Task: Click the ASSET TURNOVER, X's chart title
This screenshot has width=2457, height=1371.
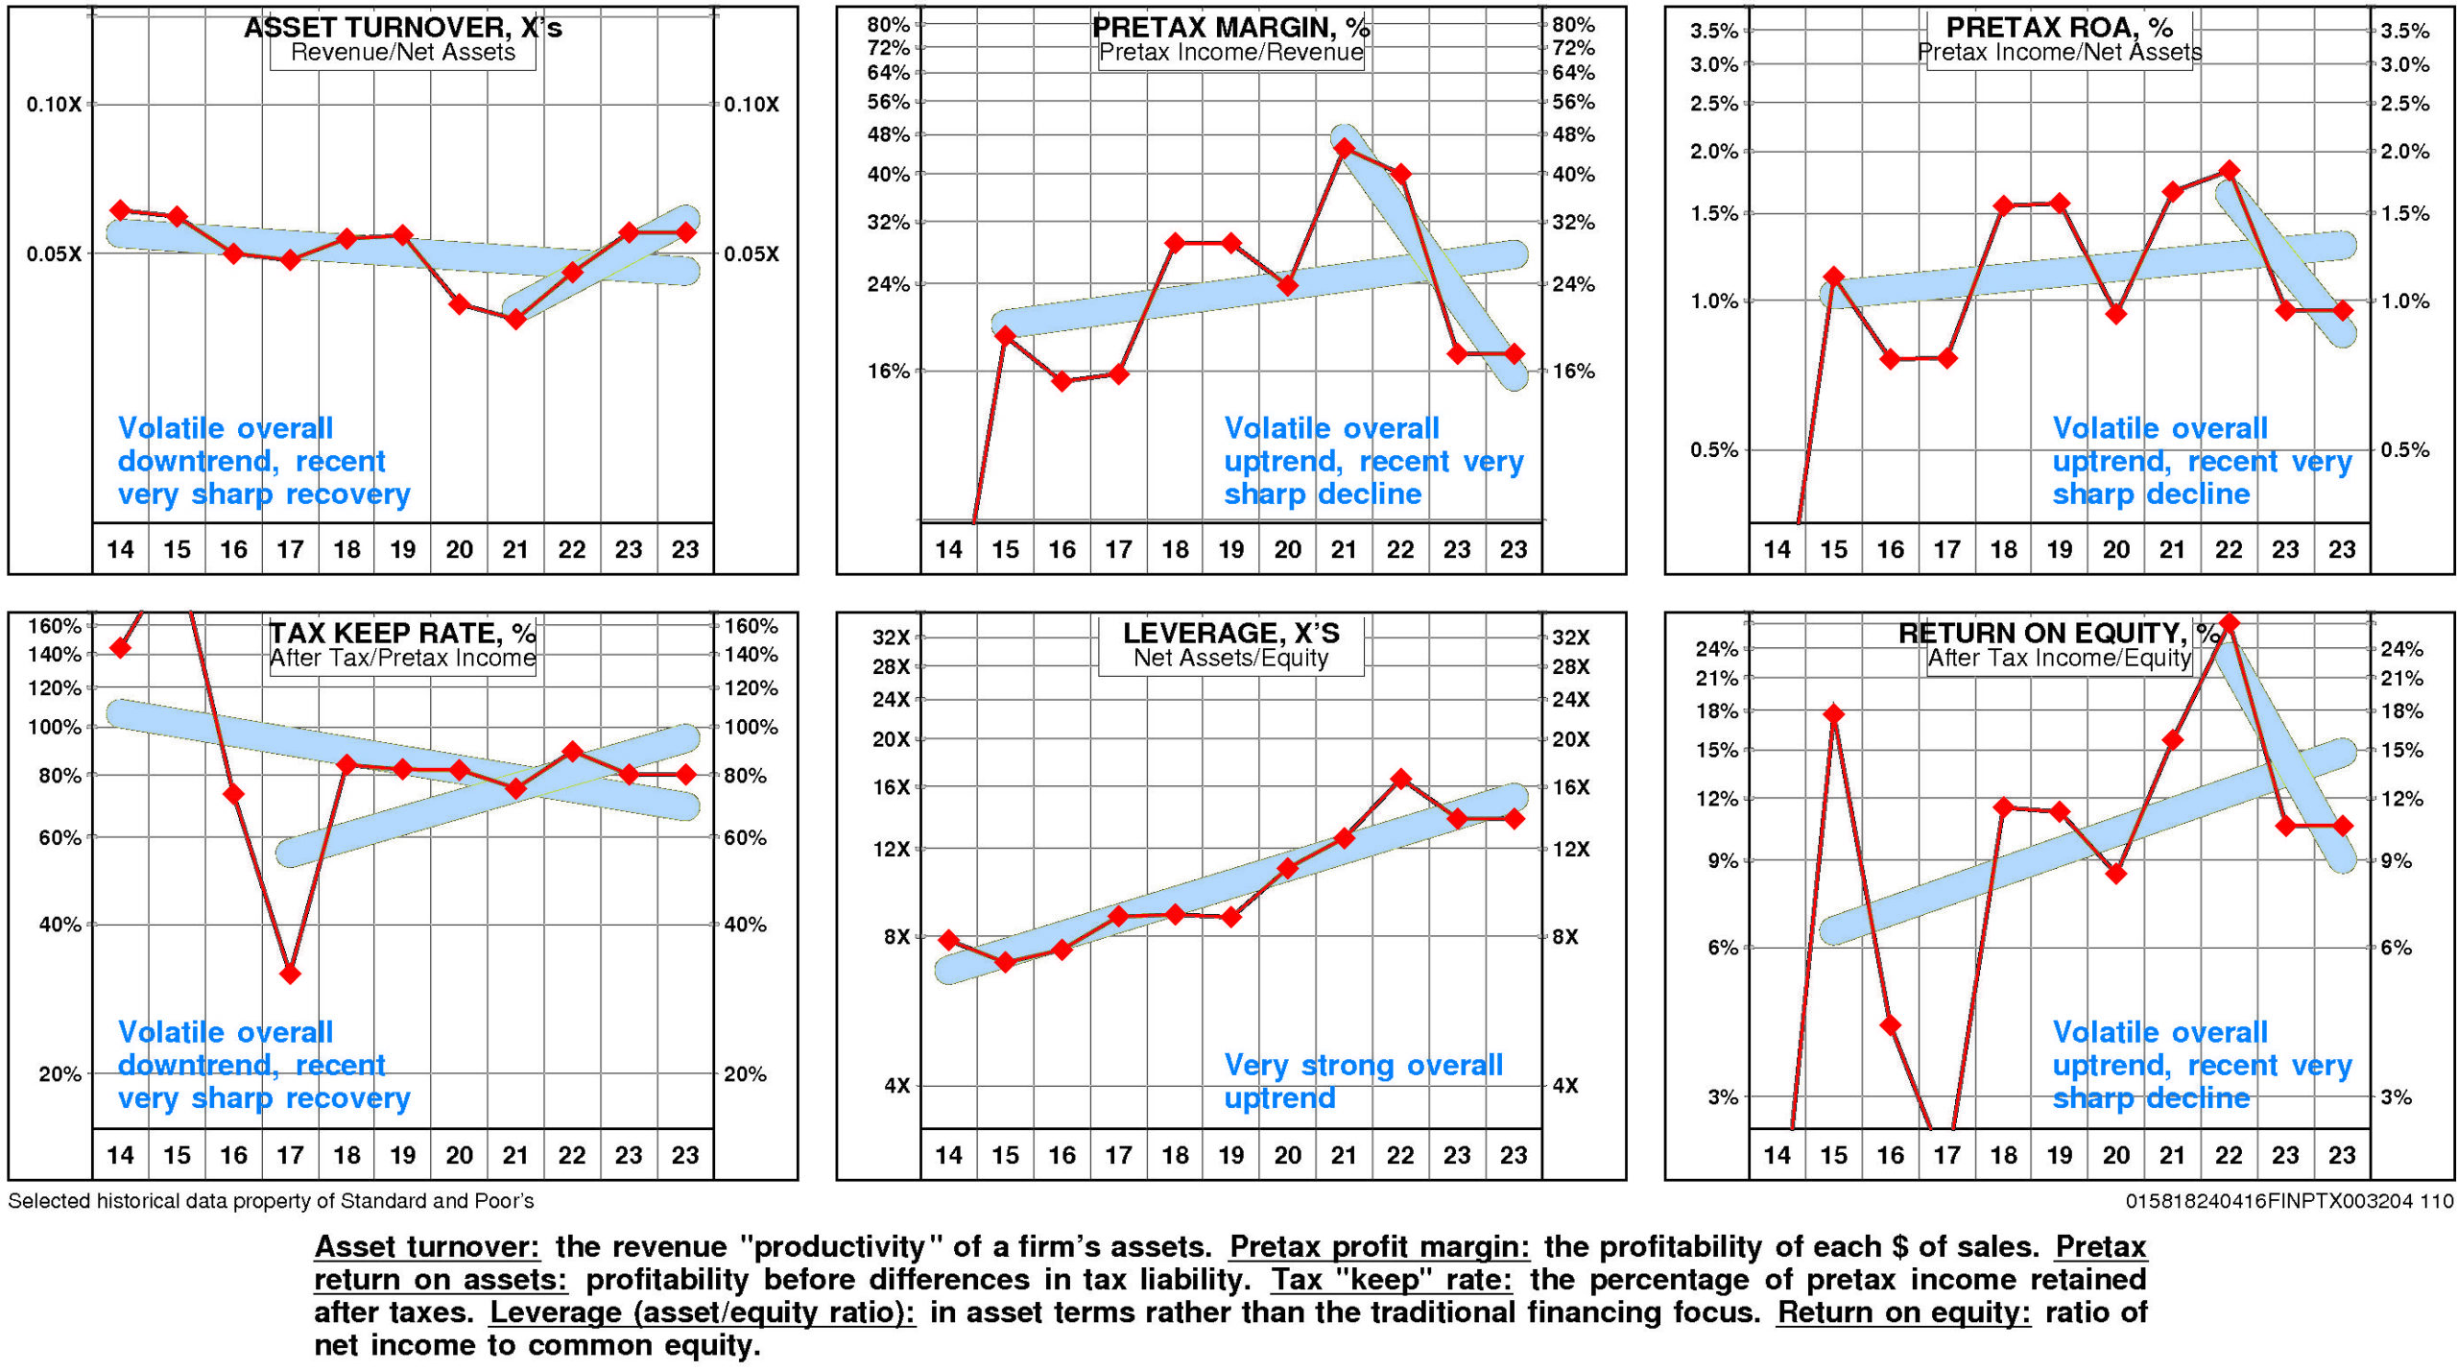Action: pyautogui.click(x=402, y=28)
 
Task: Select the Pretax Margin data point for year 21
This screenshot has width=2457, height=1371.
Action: pyautogui.click(x=1344, y=149)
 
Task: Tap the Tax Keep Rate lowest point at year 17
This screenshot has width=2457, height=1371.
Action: pyautogui.click(x=290, y=974)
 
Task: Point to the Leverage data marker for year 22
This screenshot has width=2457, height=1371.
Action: pyautogui.click(x=1400, y=779)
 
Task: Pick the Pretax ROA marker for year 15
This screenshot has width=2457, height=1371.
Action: pyautogui.click(x=1833, y=277)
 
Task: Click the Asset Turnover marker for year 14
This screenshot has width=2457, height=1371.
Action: pyautogui.click(x=120, y=210)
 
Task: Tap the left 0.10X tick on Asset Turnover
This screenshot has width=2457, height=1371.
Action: pyautogui.click(x=54, y=105)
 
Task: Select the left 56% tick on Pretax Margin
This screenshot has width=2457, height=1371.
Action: pyautogui.click(x=888, y=102)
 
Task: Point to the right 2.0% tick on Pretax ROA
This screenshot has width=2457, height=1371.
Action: pyautogui.click(x=2404, y=152)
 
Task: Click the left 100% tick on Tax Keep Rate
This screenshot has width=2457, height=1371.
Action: pyautogui.click(x=55, y=727)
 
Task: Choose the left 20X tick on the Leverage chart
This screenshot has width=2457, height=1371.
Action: pyautogui.click(x=891, y=739)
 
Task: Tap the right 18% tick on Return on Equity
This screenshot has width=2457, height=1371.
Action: pyautogui.click(x=2401, y=711)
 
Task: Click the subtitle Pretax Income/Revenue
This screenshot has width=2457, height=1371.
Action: pyautogui.click(x=1230, y=53)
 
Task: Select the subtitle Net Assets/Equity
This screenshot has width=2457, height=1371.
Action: pyautogui.click(x=1230, y=658)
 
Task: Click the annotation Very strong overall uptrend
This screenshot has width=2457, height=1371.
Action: pyautogui.click(x=1362, y=1081)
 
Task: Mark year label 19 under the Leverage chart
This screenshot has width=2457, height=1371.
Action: pyautogui.click(x=1230, y=1155)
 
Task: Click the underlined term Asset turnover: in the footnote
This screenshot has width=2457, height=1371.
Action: pyautogui.click(x=427, y=1246)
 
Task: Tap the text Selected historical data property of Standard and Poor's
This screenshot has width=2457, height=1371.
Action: pyautogui.click(x=271, y=1201)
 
